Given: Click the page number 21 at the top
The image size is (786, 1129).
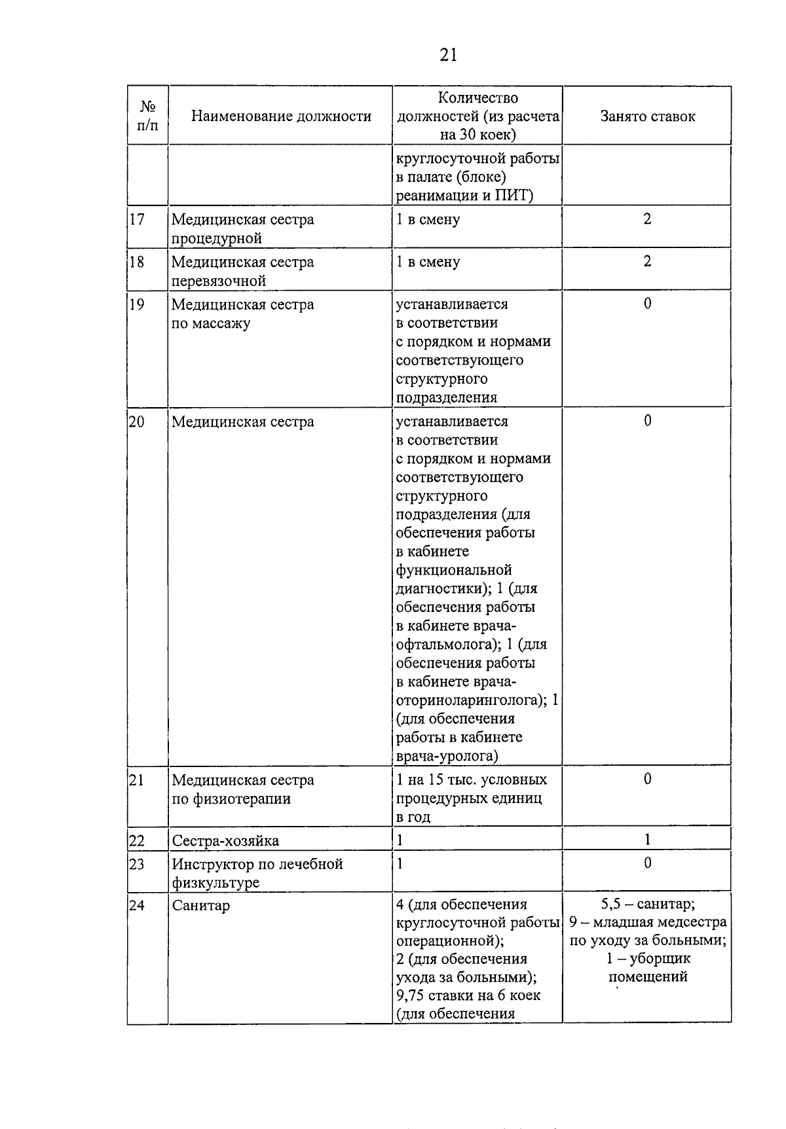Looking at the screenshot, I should point(448,55).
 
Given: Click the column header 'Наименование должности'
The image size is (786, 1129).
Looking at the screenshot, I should point(281,116).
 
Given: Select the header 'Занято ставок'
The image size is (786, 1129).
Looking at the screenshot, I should point(647,116).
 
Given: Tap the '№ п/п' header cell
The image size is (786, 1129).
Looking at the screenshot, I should point(148,116).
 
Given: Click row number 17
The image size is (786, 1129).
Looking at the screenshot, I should point(137,219).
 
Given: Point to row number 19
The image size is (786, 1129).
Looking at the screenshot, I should point(137,304).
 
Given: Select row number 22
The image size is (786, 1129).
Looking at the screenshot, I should point(137,840).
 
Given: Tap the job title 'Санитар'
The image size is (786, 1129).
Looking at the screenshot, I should point(200,906).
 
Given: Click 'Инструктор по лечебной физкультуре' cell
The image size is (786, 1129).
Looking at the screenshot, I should point(257,873).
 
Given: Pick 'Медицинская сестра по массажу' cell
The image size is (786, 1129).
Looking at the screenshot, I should point(242,314).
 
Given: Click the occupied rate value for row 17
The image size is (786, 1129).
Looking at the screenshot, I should point(647,219).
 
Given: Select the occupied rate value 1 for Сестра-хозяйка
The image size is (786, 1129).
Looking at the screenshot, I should point(647,840).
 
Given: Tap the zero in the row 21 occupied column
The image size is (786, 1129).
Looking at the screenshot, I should point(647,779).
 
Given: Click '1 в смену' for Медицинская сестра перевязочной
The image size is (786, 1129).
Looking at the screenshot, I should point(428,262).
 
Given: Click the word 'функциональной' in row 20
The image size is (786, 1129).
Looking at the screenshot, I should point(453,570).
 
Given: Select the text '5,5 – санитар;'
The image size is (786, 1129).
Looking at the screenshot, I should point(647,905).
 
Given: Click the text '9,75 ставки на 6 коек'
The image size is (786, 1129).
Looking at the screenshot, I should point(468,995).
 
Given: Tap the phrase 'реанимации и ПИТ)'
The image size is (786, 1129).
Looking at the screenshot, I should point(464,196).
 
